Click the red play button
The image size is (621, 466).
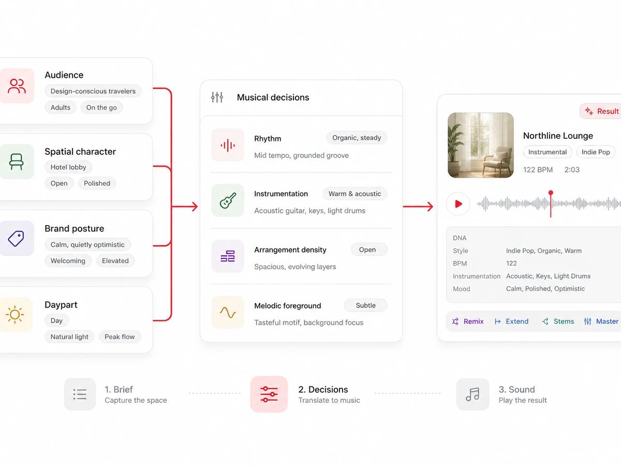pyautogui.click(x=458, y=203)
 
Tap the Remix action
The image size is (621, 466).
pyautogui.click(x=468, y=322)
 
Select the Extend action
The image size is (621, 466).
pyautogui.click(x=511, y=322)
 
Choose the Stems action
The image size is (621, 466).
pyautogui.click(x=558, y=322)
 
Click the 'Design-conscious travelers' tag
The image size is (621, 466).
pyautogui.click(x=93, y=91)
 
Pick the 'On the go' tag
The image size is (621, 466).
pyautogui.click(x=101, y=108)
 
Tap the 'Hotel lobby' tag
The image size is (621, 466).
pyautogui.click(x=68, y=167)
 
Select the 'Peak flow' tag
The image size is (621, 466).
pyautogui.click(x=120, y=337)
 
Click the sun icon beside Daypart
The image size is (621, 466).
pyautogui.click(x=14, y=314)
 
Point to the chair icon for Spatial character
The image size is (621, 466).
pyautogui.click(x=17, y=162)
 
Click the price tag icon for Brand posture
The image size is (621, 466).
pyautogui.click(x=16, y=239)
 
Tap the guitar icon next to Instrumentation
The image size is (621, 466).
pyautogui.click(x=228, y=200)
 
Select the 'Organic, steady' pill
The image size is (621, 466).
pyautogui.click(x=357, y=138)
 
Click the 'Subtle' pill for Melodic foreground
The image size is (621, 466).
pyautogui.click(x=365, y=305)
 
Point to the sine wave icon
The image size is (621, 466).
pyautogui.click(x=228, y=313)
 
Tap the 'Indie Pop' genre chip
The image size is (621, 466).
pyautogui.click(x=596, y=152)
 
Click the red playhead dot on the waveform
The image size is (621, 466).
pyautogui.click(x=551, y=193)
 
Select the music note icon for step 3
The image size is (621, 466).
pyautogui.click(x=472, y=394)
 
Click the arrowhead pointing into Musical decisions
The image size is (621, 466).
pyautogui.click(x=195, y=207)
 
